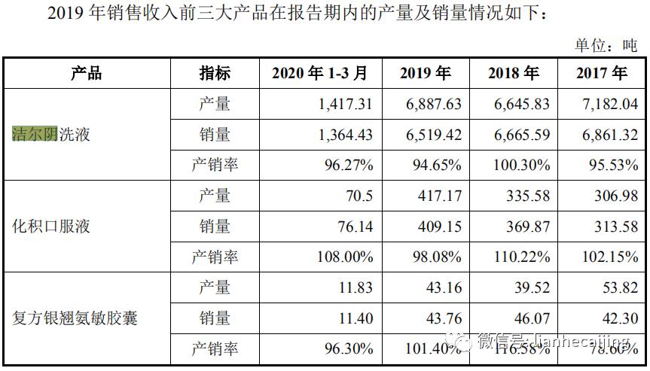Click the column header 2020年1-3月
[x=319, y=74]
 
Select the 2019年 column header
[x=425, y=74]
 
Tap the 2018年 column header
[x=513, y=74]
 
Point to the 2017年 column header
[x=601, y=74]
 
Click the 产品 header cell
[x=87, y=74]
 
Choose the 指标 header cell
[x=215, y=74]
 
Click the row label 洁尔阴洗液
[x=50, y=135]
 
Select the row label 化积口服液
[x=50, y=226]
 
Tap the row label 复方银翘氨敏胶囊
[x=75, y=318]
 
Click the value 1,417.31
[x=345, y=105]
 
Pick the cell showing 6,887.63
[x=433, y=105]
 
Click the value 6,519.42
[x=433, y=135]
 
